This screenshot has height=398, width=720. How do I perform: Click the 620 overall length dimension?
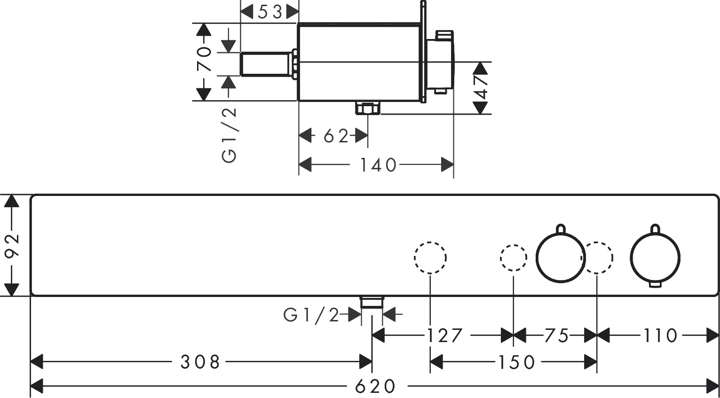[x=375, y=387]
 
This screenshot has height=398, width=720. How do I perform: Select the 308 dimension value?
[x=200, y=362]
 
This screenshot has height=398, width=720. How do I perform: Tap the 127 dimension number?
[x=444, y=336]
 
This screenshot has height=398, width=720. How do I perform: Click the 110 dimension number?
[x=660, y=336]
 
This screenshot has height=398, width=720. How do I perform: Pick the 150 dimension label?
[x=516, y=362]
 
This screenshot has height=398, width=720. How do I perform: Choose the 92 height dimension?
[x=11, y=245]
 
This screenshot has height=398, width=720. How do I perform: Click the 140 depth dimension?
[x=378, y=165]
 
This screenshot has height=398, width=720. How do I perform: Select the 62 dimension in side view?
[x=335, y=136]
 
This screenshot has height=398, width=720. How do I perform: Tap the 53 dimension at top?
[x=269, y=12]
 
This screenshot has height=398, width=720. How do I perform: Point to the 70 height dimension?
[x=203, y=58]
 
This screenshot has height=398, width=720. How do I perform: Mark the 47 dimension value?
[x=481, y=87]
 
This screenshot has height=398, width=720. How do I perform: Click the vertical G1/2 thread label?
[x=229, y=135]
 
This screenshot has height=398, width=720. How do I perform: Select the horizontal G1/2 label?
[x=311, y=315]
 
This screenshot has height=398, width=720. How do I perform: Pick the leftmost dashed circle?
[x=430, y=258]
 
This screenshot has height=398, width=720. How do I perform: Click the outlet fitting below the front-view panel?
[x=372, y=302]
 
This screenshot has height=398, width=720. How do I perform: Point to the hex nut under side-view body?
[x=368, y=109]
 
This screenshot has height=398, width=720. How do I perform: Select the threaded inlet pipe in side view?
[x=266, y=64]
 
